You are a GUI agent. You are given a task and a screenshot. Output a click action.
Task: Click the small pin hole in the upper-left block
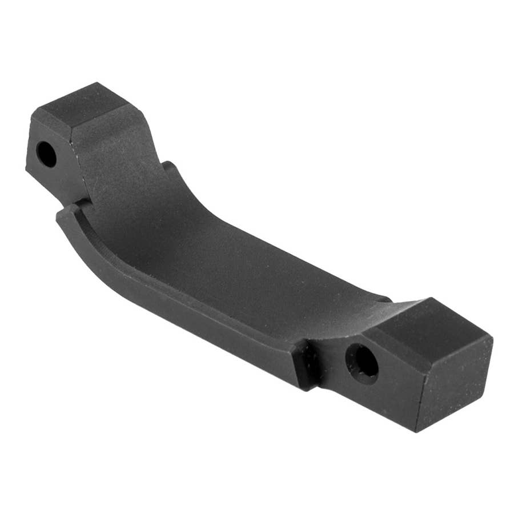coord(46,154)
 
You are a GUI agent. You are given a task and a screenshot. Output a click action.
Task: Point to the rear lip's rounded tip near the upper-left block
coord(167,167)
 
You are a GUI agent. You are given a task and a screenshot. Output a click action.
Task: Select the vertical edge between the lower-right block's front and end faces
coord(416,388)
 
